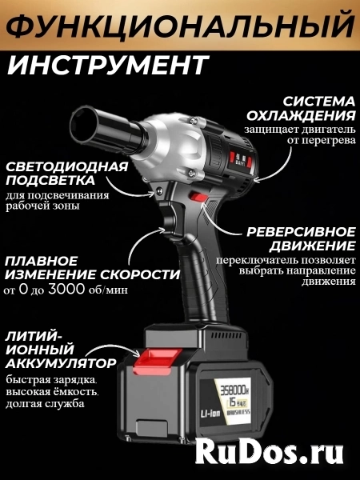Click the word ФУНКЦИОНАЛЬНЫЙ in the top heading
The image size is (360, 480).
click(x=180, y=25)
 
